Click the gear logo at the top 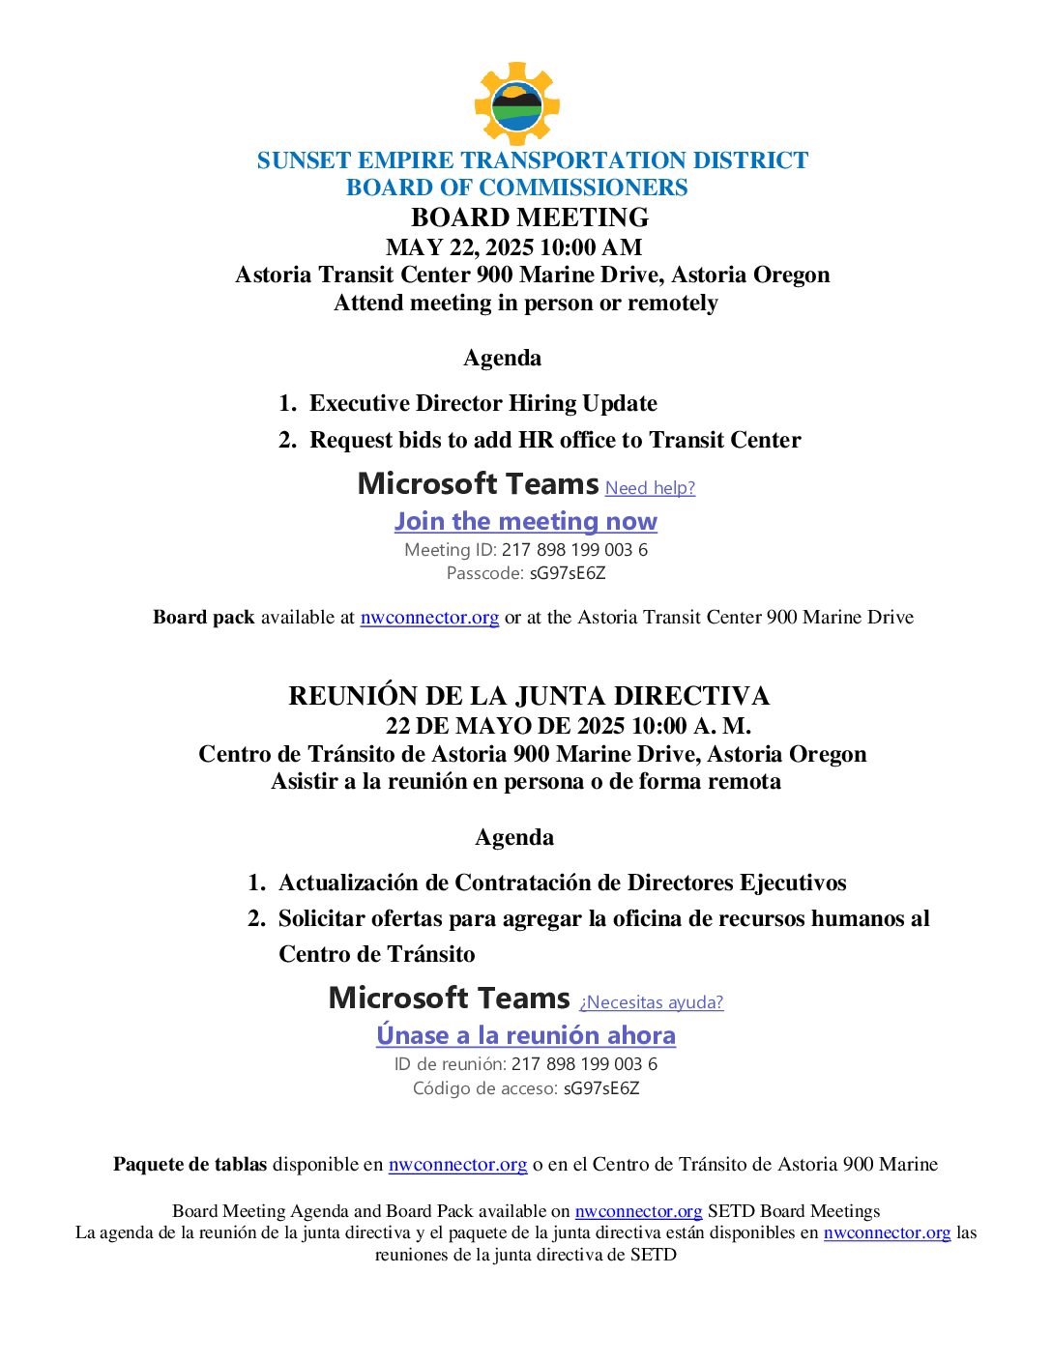pos(516,104)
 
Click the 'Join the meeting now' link pos(525,521)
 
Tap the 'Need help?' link pos(650,488)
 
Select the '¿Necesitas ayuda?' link pos(651,1002)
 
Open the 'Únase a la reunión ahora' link pos(525,1035)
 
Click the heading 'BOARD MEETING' pos(529,217)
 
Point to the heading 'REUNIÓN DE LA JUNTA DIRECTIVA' pos(528,696)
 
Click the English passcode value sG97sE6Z pos(568,573)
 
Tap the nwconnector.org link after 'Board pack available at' pos(429,618)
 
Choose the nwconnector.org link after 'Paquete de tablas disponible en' pos(457,1165)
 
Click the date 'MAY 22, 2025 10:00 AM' pos(513,247)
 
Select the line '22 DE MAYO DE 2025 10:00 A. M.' pos(568,726)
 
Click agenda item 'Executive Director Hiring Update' pos(482,403)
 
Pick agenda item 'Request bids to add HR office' pos(554,440)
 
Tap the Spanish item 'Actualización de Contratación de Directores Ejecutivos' pos(562,883)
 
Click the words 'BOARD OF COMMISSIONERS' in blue pos(516,188)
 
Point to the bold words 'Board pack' pos(203,618)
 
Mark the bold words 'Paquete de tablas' pos(190,1165)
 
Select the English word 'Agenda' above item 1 pos(502,359)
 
